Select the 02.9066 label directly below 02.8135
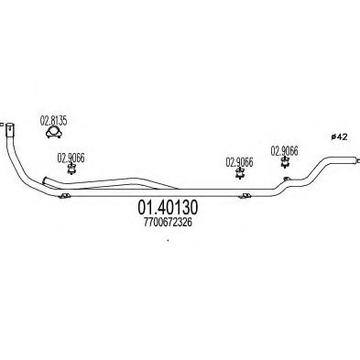pyautogui.click(x=71, y=156)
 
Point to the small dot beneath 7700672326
pyautogui.click(x=168, y=242)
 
